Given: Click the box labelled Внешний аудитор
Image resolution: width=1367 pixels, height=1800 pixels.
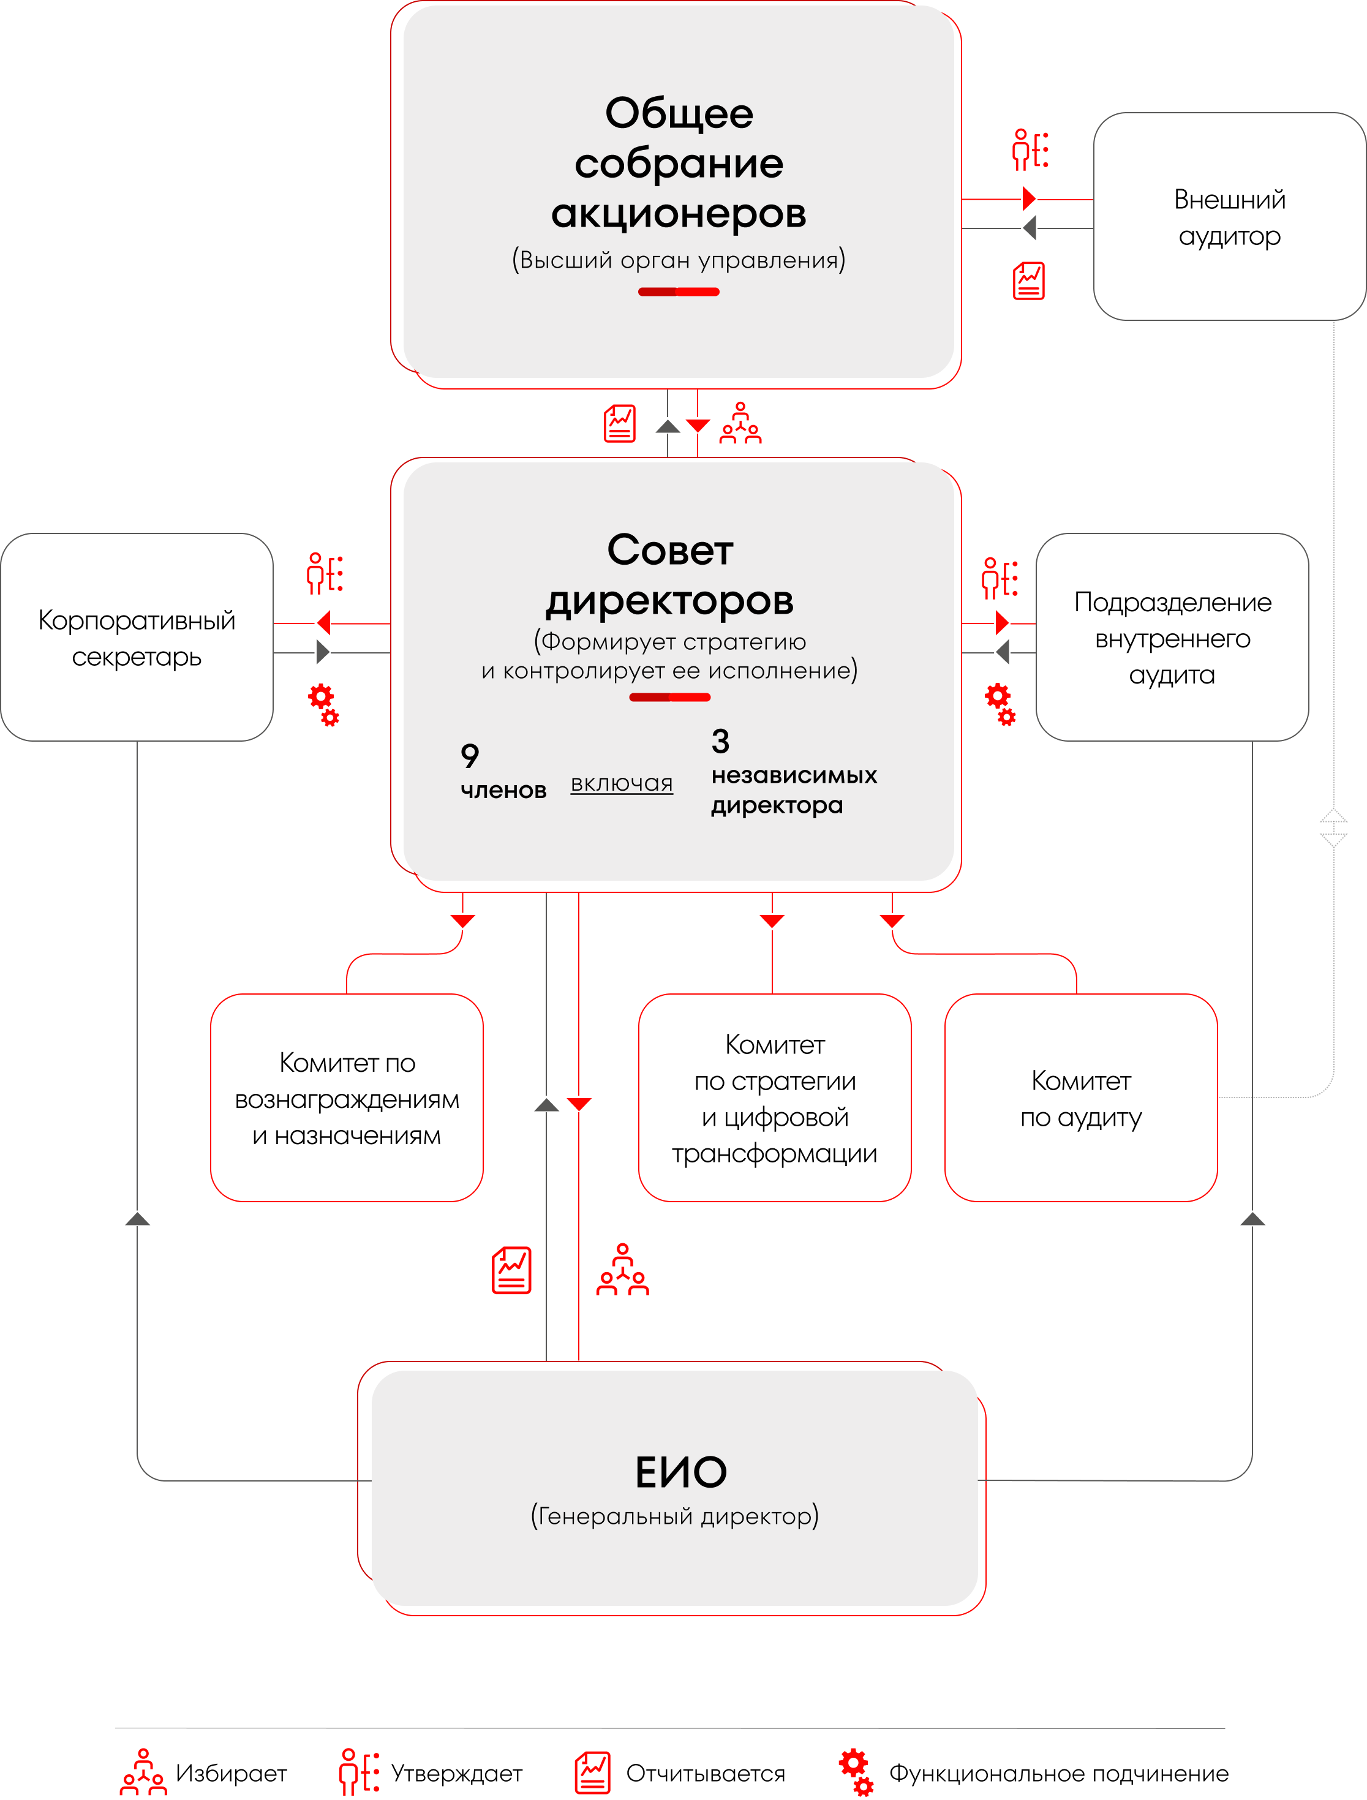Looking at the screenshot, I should click(x=1229, y=216).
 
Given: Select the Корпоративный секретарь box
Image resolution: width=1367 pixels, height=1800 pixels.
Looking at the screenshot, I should click(x=137, y=637).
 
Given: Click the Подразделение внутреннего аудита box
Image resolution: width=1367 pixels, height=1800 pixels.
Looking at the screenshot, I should click(x=1172, y=637).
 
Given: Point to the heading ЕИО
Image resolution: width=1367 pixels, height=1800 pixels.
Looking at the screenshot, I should click(x=681, y=1472).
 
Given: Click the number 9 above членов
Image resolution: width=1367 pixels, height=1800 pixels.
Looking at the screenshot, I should click(x=470, y=756).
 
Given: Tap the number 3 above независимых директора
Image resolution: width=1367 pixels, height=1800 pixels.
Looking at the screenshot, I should click(x=720, y=741).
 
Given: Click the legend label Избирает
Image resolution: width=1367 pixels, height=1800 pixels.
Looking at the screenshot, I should click(x=231, y=1773).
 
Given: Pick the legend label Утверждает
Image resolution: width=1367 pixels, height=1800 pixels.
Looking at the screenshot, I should click(x=456, y=1773).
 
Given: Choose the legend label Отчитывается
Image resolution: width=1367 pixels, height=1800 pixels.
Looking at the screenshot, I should click(x=706, y=1773).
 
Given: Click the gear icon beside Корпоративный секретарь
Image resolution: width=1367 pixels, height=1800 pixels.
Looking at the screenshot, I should click(x=323, y=704).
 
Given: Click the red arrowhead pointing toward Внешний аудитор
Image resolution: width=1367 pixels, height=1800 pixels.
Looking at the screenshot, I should click(x=1030, y=198).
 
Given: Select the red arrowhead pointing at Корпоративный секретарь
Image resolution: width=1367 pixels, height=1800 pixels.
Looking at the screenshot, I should click(x=324, y=623).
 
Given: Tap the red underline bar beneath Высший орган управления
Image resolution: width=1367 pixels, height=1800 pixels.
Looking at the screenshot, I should click(x=679, y=292).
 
